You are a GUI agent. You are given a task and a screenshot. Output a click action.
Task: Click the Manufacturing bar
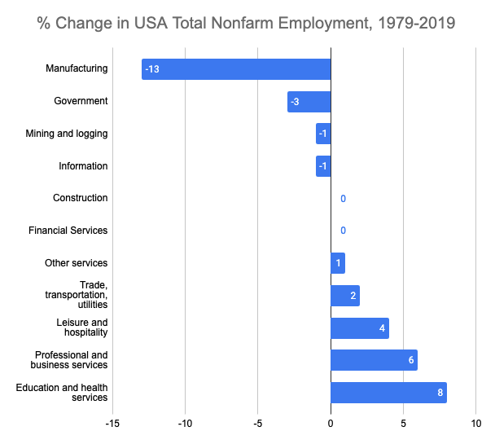click(236, 69)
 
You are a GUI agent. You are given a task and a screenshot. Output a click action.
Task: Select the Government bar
click(309, 102)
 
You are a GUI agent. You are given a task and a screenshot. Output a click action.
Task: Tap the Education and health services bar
click(388, 393)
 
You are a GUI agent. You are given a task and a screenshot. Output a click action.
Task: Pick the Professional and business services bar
click(374, 360)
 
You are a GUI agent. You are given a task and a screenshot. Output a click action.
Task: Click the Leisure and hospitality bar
click(360, 328)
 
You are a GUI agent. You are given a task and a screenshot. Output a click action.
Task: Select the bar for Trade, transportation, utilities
click(345, 296)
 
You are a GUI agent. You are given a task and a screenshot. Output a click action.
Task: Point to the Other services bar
click(338, 263)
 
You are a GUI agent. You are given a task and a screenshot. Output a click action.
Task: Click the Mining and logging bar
click(323, 134)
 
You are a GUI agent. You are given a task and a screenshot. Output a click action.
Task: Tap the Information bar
click(323, 166)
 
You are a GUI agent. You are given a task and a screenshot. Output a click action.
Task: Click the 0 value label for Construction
click(343, 199)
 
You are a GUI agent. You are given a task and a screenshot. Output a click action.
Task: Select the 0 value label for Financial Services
click(343, 231)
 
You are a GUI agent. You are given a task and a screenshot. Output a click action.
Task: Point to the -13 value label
click(151, 69)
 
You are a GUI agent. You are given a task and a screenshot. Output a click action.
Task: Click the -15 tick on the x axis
click(112, 424)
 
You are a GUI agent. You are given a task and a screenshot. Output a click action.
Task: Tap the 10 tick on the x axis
click(475, 424)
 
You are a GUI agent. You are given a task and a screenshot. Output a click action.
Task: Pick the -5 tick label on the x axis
click(257, 424)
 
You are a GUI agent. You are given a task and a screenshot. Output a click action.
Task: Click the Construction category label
click(80, 198)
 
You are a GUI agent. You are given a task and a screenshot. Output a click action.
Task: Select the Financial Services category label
click(68, 231)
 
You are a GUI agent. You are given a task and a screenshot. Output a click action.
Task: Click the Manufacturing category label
click(77, 68)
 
